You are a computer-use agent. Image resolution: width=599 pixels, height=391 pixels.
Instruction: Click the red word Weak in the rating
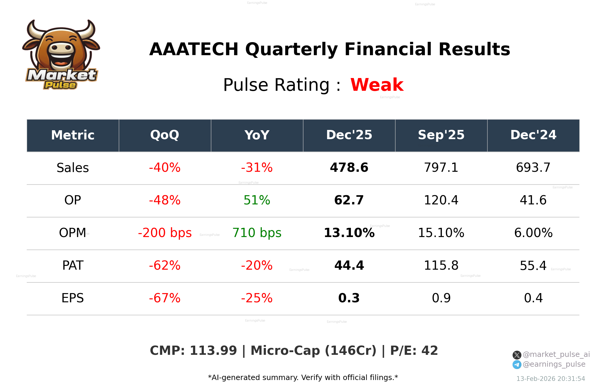tap(377, 85)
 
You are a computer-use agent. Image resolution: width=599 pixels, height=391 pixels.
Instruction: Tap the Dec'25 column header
tap(349, 135)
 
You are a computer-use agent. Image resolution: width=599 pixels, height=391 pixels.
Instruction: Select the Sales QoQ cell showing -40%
tap(165, 168)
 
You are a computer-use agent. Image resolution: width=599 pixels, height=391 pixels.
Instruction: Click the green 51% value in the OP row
tap(257, 200)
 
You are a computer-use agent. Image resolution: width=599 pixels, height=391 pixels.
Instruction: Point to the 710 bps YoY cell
tap(257, 233)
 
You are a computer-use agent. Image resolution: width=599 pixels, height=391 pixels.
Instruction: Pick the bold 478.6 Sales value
tap(349, 168)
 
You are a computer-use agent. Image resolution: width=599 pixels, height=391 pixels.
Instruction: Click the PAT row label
tap(73, 266)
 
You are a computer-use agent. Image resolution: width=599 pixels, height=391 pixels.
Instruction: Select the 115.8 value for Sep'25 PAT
tap(441, 266)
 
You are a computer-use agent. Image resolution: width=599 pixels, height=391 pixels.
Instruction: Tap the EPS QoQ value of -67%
tap(165, 298)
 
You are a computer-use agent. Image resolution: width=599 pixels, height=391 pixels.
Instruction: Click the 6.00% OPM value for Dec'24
tap(533, 233)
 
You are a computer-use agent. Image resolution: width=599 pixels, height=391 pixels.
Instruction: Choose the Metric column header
tap(73, 135)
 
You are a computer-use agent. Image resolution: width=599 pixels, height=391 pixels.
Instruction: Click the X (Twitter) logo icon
tap(517, 355)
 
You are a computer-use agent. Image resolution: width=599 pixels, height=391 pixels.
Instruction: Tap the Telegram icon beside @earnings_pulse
tap(517, 365)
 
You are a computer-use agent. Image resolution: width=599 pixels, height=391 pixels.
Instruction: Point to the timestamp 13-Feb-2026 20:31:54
tap(551, 379)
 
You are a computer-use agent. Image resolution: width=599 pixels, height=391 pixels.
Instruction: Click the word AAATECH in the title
tap(194, 49)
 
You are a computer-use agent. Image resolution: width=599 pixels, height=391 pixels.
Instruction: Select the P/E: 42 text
tap(414, 351)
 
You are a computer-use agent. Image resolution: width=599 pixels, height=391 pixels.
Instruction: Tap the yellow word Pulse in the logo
tap(60, 85)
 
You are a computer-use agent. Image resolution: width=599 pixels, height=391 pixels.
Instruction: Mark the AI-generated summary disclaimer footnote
tap(303, 378)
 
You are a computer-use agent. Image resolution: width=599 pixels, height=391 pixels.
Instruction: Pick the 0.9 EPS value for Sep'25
tap(441, 298)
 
